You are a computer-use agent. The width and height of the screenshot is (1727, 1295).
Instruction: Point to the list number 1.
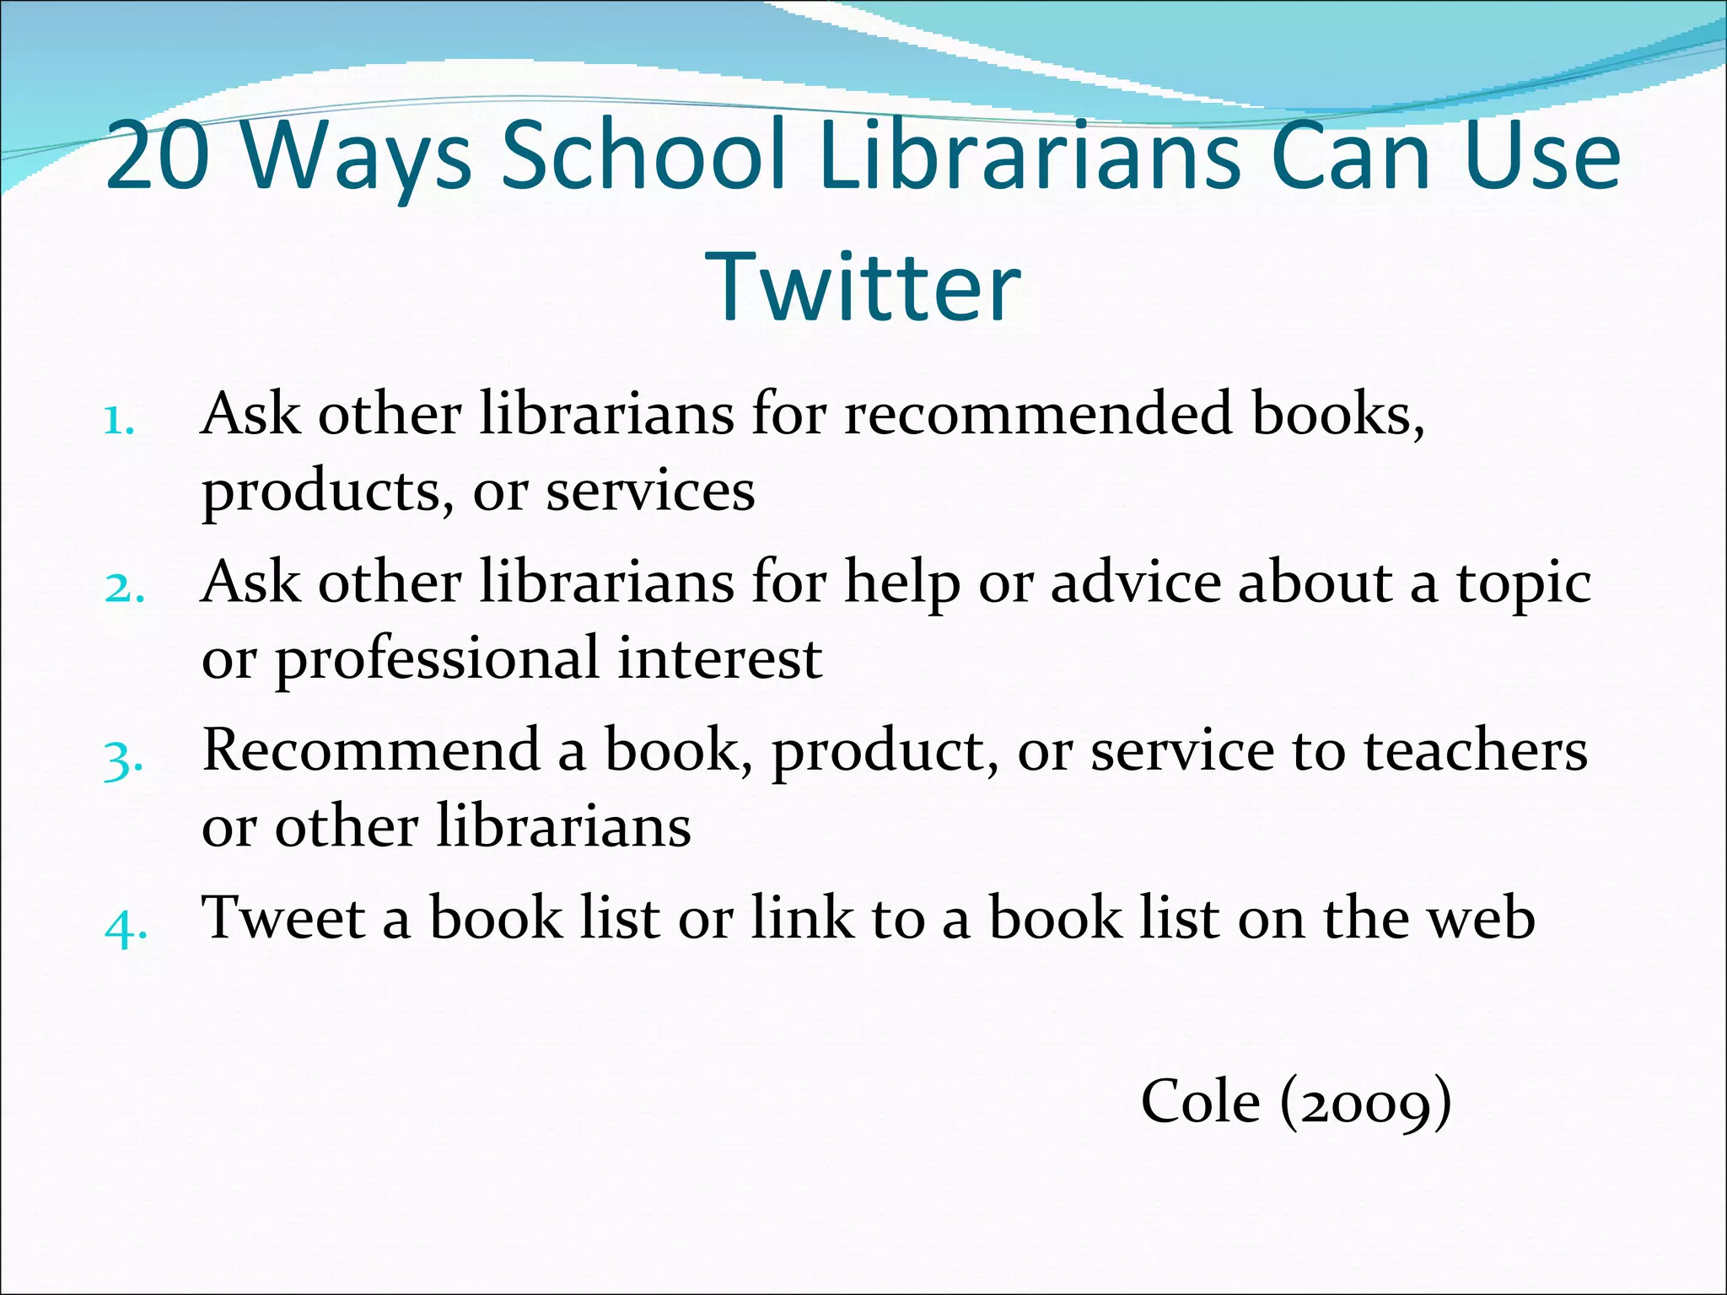pyautogui.click(x=119, y=419)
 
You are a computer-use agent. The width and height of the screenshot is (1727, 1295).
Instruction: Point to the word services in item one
pyautogui.click(x=650, y=492)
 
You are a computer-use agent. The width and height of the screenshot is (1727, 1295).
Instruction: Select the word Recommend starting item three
pyautogui.click(x=371, y=750)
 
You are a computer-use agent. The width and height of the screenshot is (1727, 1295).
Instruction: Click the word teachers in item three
pyautogui.click(x=1476, y=750)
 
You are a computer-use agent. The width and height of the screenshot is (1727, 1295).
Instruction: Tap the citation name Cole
pyautogui.click(x=1200, y=1101)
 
